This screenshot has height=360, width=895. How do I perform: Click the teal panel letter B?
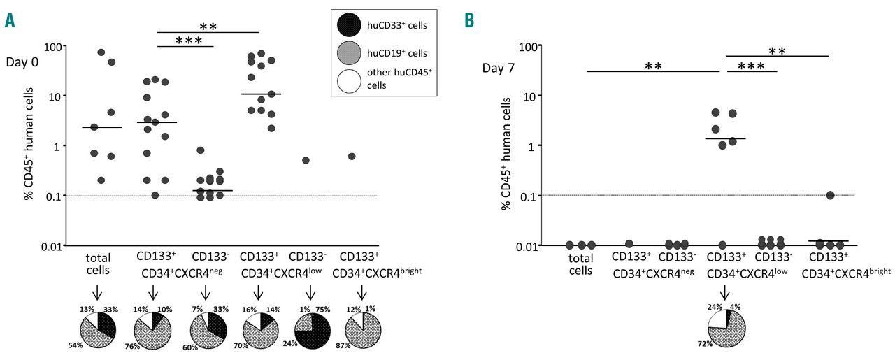tap(468, 22)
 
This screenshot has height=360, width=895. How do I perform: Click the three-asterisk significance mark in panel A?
tap(184, 41)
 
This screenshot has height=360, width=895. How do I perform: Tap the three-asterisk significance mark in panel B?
tap(752, 66)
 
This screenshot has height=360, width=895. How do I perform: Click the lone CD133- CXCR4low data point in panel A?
tap(306, 160)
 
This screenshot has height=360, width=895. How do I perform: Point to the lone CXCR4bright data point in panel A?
tap(352, 156)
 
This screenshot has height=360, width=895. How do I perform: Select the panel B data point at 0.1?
tap(830, 195)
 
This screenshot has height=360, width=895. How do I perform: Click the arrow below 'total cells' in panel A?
tap(101, 291)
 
